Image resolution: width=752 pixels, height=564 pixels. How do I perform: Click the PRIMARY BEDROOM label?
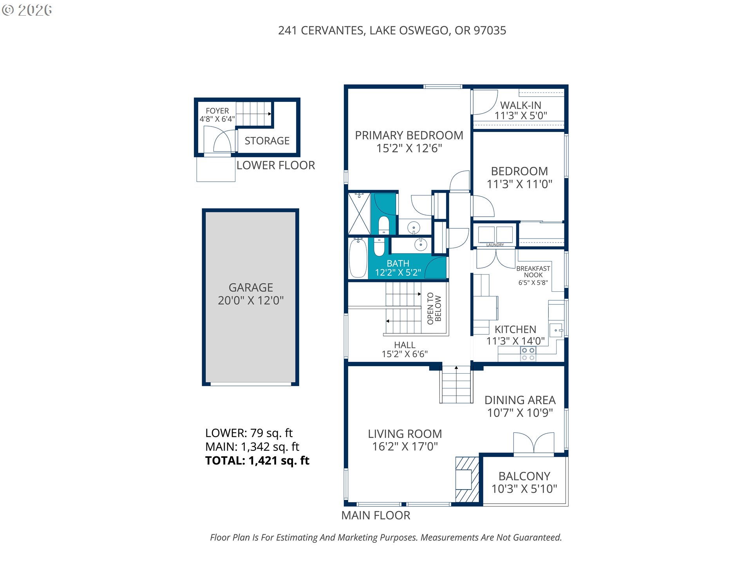pos(409,136)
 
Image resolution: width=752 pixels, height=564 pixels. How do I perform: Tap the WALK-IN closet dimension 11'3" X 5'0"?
pos(521,116)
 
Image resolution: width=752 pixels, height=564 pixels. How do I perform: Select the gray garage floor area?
pos(251,297)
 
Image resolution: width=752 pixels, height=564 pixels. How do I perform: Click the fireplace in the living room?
pos(467,479)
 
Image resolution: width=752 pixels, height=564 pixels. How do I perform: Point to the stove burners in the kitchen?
pos(528,354)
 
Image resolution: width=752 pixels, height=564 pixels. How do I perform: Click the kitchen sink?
pos(556,330)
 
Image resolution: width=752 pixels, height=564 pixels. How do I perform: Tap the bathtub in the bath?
pos(358,258)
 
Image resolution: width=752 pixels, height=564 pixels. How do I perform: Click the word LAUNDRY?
pos(495,245)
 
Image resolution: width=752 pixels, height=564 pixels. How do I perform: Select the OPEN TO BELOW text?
pos(434,308)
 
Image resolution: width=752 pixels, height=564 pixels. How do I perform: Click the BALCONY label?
pos(524,476)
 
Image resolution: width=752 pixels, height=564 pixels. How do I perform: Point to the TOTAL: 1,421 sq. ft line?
pos(257,461)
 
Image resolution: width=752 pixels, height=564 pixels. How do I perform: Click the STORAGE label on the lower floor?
pos(267,141)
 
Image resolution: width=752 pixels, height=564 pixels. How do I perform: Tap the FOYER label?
pos(217,111)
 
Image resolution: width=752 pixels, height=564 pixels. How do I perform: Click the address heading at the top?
pos(392,31)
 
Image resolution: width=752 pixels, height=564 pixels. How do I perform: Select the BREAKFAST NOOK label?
pos(533,272)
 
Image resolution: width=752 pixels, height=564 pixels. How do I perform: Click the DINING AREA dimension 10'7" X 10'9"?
pos(520,413)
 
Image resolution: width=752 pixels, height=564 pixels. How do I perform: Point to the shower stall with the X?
pos(359,214)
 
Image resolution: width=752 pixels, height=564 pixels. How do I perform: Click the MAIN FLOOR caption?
pos(376,515)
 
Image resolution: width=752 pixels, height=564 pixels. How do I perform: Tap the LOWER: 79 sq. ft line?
pos(249,433)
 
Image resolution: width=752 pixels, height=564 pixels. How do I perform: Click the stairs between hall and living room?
pos(456,384)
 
